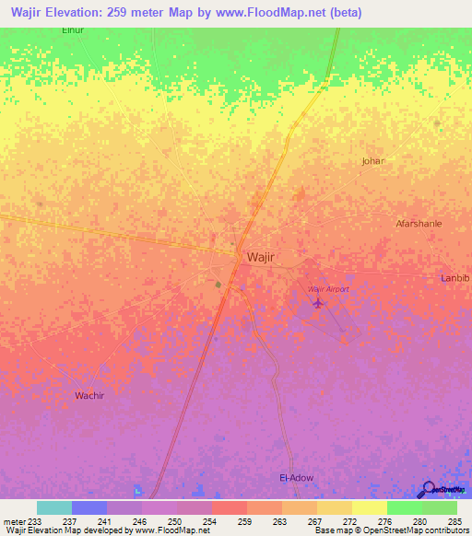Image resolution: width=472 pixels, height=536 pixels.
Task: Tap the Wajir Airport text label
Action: pyautogui.click(x=329, y=289)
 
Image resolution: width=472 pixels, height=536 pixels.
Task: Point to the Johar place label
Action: pyautogui.click(x=372, y=161)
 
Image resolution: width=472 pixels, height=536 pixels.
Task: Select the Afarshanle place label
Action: pyautogui.click(x=419, y=223)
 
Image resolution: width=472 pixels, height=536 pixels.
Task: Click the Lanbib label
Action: pyautogui.click(x=455, y=278)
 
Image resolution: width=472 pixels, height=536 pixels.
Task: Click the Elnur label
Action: pyautogui.click(x=47, y=30)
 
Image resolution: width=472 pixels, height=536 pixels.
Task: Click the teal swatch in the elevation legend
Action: pyautogui.click(x=54, y=507)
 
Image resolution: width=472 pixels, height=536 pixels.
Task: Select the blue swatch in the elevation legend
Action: pyautogui.click(x=89, y=507)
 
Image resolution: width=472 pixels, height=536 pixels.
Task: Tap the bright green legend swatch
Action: pyautogui.click(x=405, y=507)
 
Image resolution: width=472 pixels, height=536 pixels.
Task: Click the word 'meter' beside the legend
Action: pyautogui.click(x=14, y=521)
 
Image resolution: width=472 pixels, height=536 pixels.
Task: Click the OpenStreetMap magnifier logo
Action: pyautogui.click(x=427, y=490)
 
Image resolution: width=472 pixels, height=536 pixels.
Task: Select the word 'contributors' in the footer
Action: pyautogui.click(x=447, y=530)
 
